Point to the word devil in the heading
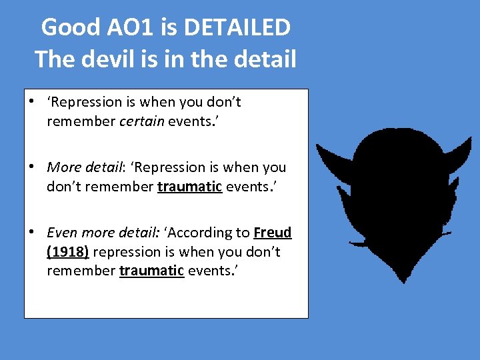coord(113,60)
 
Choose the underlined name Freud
coord(272,233)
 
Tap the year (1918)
coord(69,252)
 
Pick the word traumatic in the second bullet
coord(189,187)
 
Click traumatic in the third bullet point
coord(151,271)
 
